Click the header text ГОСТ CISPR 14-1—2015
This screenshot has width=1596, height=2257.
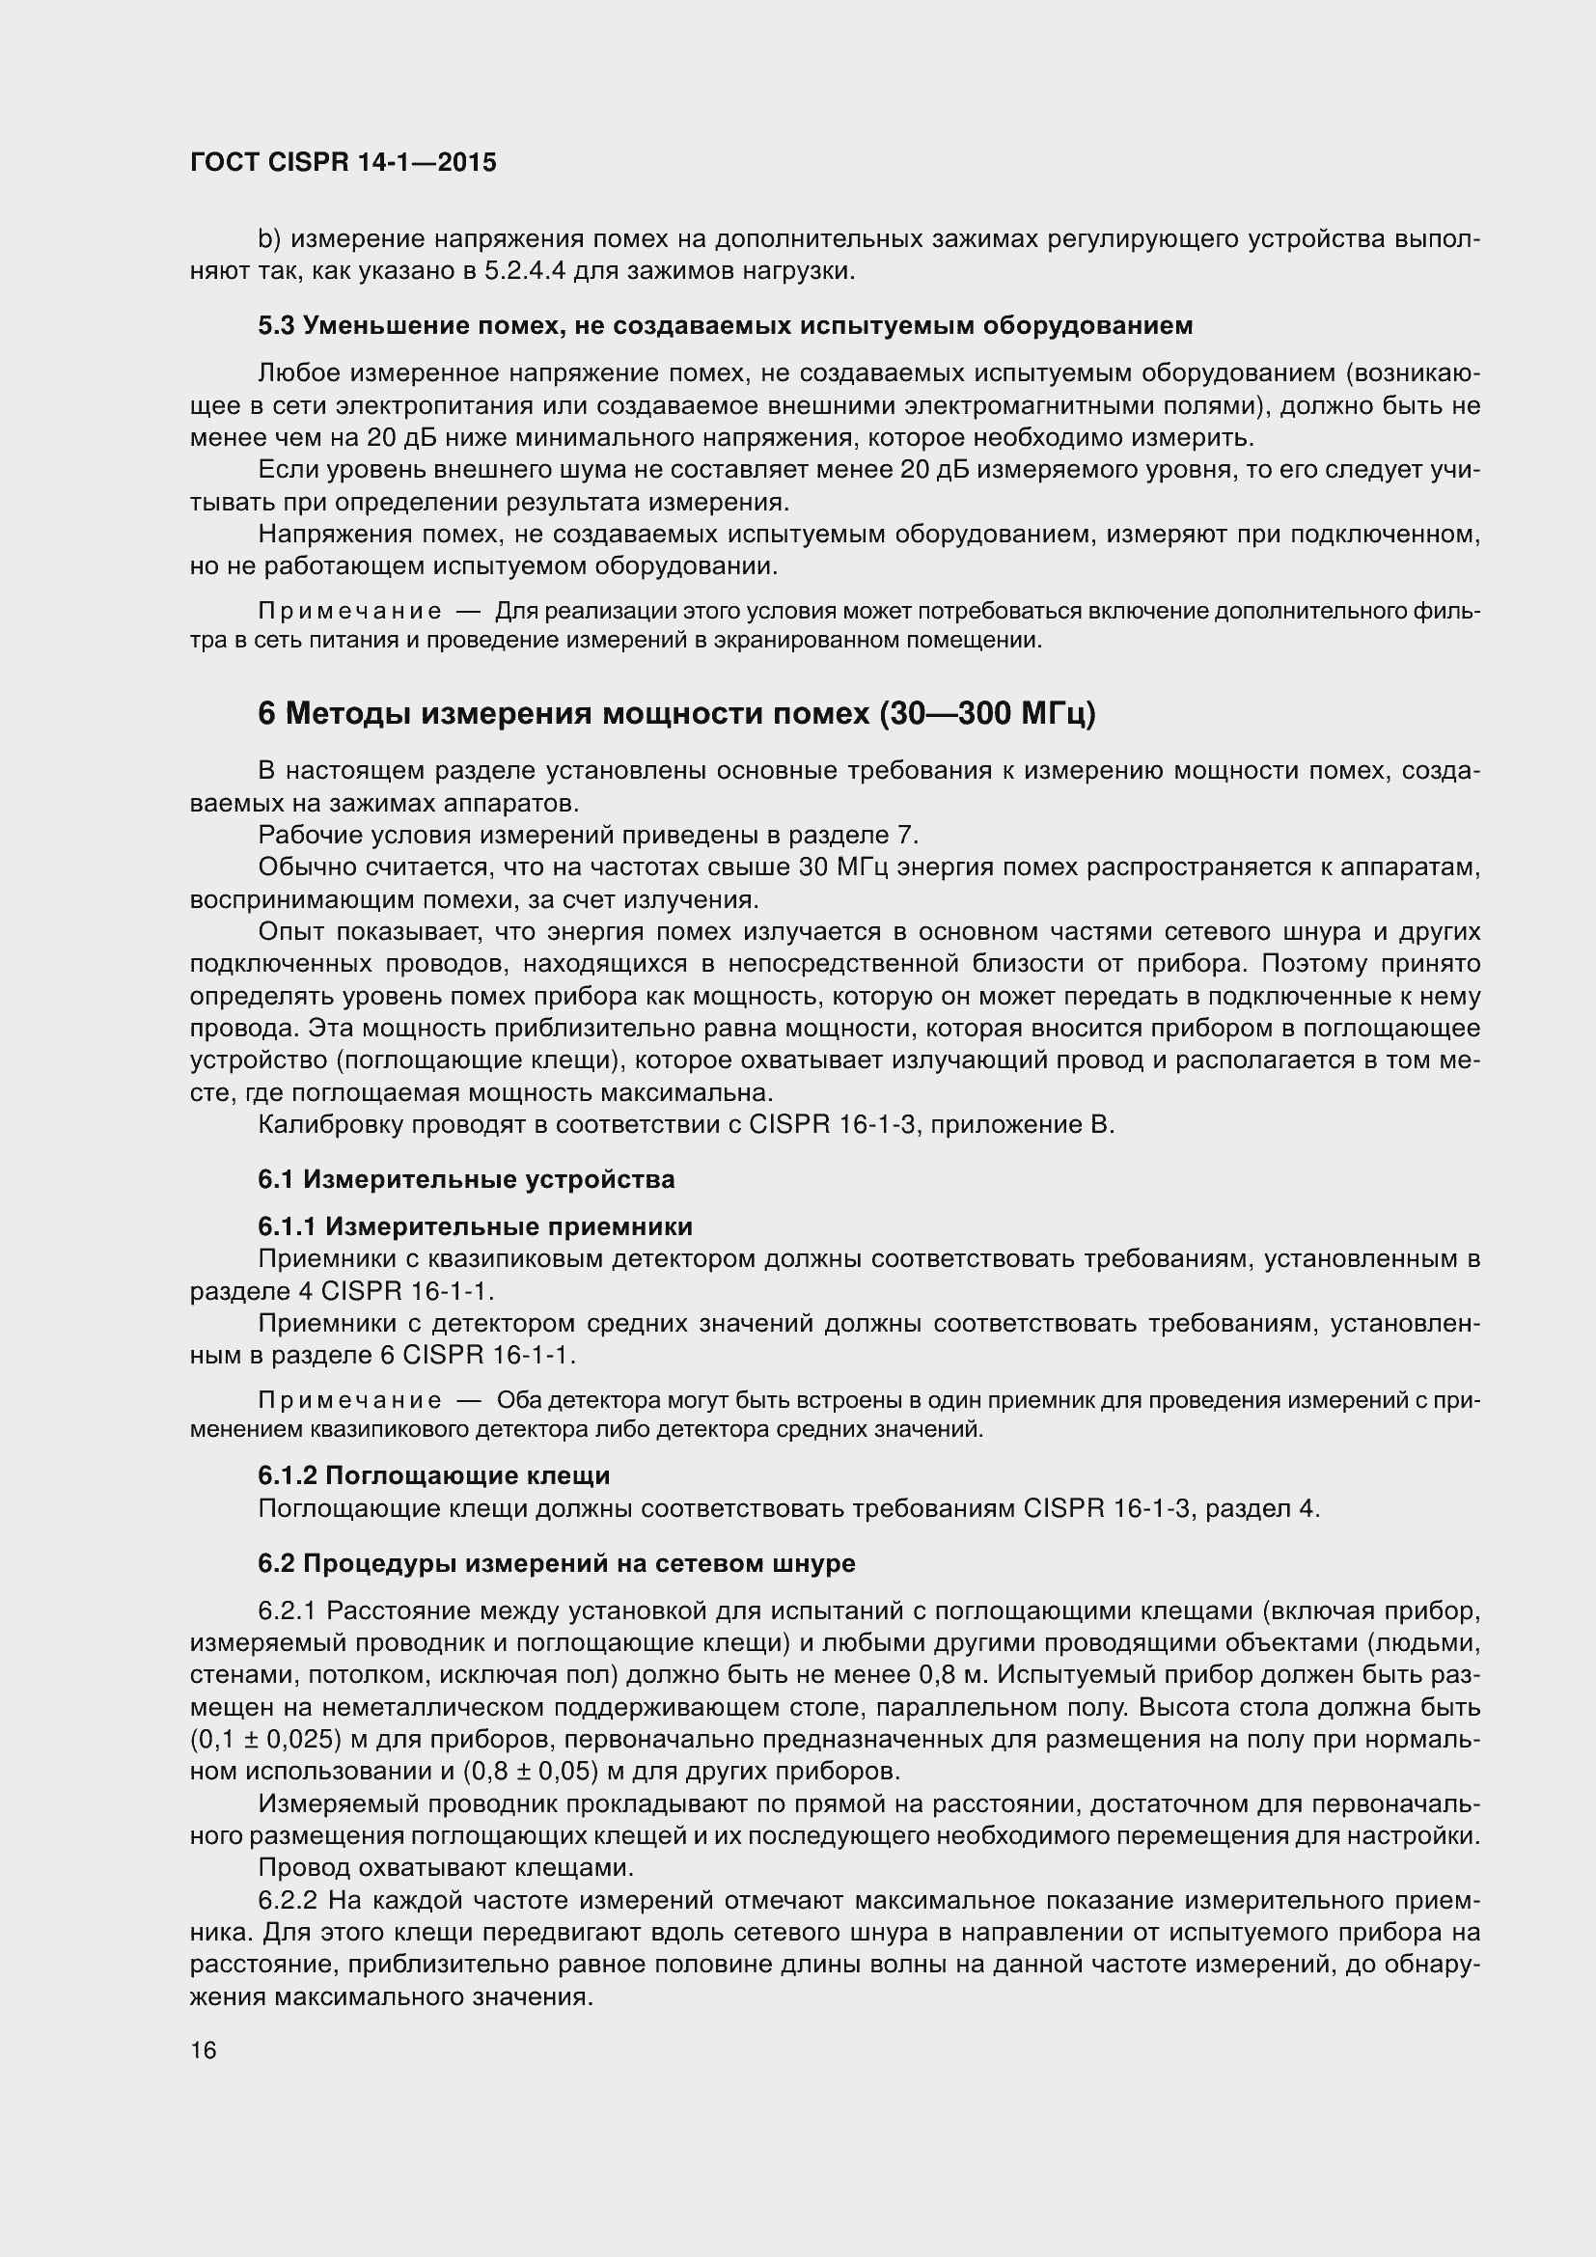(x=343, y=163)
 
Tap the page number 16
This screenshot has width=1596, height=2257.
(x=204, y=2050)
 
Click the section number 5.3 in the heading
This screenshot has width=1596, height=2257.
(x=275, y=325)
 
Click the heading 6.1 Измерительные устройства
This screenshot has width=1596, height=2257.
(x=466, y=1179)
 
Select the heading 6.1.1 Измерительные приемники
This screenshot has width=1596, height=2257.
(x=475, y=1226)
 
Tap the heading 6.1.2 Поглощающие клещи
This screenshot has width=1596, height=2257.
(x=433, y=1475)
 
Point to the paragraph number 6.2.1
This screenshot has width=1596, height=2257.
(x=288, y=1611)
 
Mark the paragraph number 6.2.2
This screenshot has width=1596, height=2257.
(x=289, y=1900)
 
